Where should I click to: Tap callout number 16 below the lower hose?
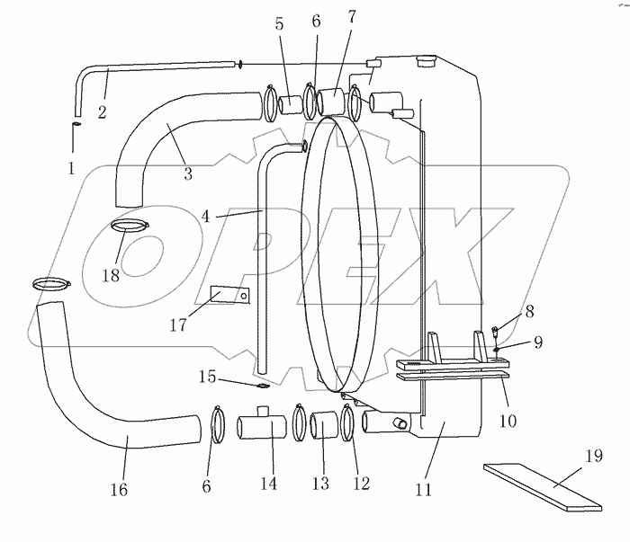pos(120,490)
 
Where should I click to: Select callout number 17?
pos(178,324)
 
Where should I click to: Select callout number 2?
pos(102,112)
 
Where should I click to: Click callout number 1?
pos(71,168)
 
